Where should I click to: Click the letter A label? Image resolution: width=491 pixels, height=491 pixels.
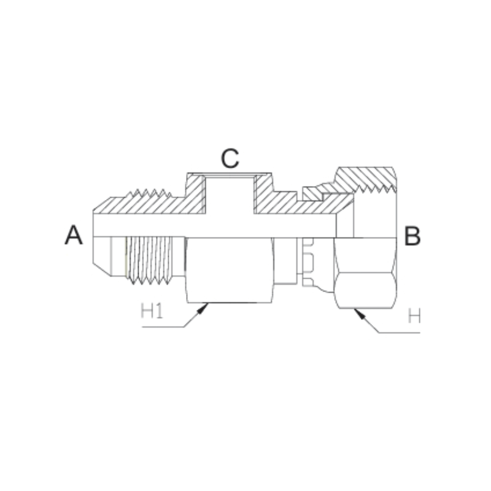click(74, 235)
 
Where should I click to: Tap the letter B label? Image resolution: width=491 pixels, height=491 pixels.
click(412, 236)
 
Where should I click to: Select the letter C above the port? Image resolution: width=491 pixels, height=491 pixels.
click(230, 159)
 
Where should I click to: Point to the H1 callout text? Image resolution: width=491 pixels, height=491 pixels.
click(151, 312)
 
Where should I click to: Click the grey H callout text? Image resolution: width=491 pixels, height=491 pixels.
click(415, 317)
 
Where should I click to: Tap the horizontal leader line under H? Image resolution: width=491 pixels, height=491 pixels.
click(399, 333)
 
